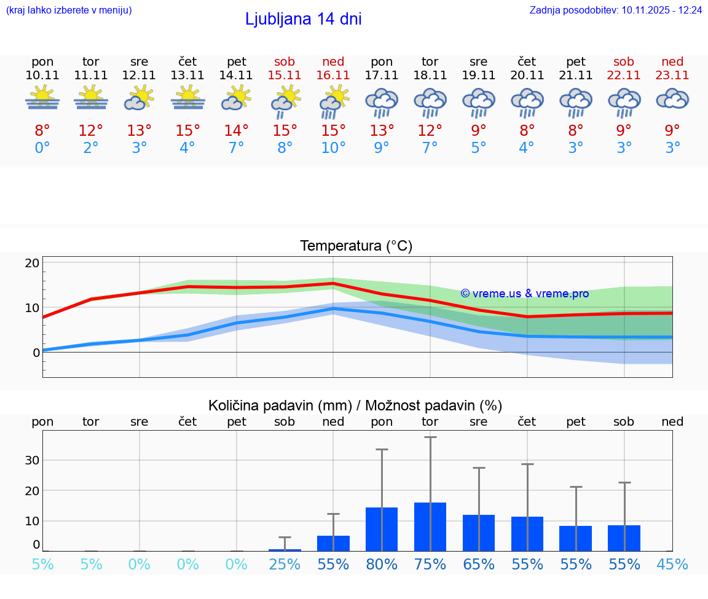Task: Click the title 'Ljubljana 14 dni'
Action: click(303, 19)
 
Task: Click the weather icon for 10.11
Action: click(42, 98)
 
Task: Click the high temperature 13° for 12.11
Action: click(140, 131)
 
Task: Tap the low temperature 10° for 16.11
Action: click(333, 148)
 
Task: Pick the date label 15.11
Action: click(285, 75)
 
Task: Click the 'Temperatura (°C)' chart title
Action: click(356, 246)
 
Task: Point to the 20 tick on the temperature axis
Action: click(32, 263)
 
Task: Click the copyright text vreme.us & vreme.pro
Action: click(524, 294)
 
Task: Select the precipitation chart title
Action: click(355, 405)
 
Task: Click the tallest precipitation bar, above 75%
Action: click(430, 527)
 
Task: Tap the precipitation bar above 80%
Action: click(382, 529)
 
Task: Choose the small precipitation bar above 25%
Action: click(285, 550)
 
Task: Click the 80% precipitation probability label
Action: click(382, 565)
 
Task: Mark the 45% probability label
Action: click(672, 565)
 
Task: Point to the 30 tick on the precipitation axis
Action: click(32, 460)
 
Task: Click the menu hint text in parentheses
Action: click(68, 10)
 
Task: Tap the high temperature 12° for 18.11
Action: click(430, 131)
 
